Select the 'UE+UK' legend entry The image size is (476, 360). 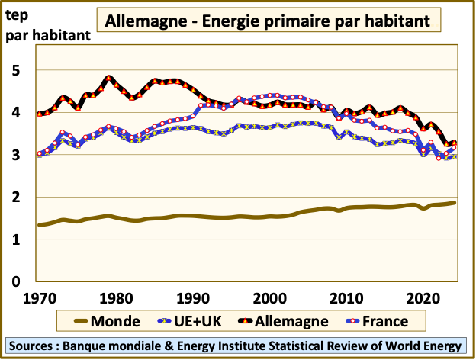[x=201, y=321]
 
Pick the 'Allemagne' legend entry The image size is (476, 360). [x=296, y=321]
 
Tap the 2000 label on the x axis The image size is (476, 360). [x=269, y=296]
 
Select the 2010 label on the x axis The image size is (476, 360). [x=349, y=296]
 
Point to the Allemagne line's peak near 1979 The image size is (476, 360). [x=109, y=78]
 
